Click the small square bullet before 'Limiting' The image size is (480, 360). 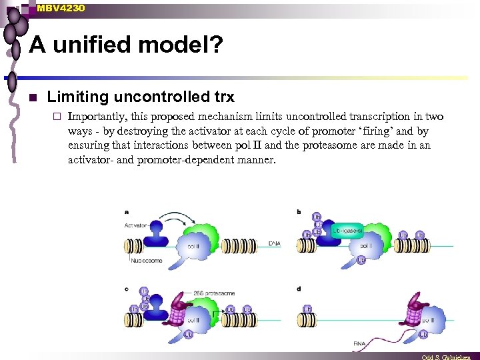click(x=31, y=98)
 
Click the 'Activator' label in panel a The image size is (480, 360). click(x=135, y=225)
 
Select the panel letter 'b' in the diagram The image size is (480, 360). click(x=298, y=212)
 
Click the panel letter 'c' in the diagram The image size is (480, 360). click(x=126, y=288)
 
